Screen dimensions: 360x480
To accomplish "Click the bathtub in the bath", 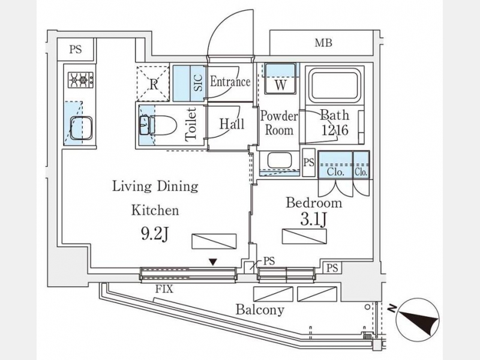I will click(x=334, y=85).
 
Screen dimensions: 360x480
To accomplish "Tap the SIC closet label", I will click(x=198, y=83).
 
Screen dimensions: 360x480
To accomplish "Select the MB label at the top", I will click(x=324, y=43).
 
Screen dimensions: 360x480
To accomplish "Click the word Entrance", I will click(x=230, y=82).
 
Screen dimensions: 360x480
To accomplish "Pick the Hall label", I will click(x=231, y=124).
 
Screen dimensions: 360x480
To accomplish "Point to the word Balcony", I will click(x=259, y=310).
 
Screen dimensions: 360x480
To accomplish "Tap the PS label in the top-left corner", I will click(x=75, y=50).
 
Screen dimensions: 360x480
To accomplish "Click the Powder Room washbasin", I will click(x=279, y=161).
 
